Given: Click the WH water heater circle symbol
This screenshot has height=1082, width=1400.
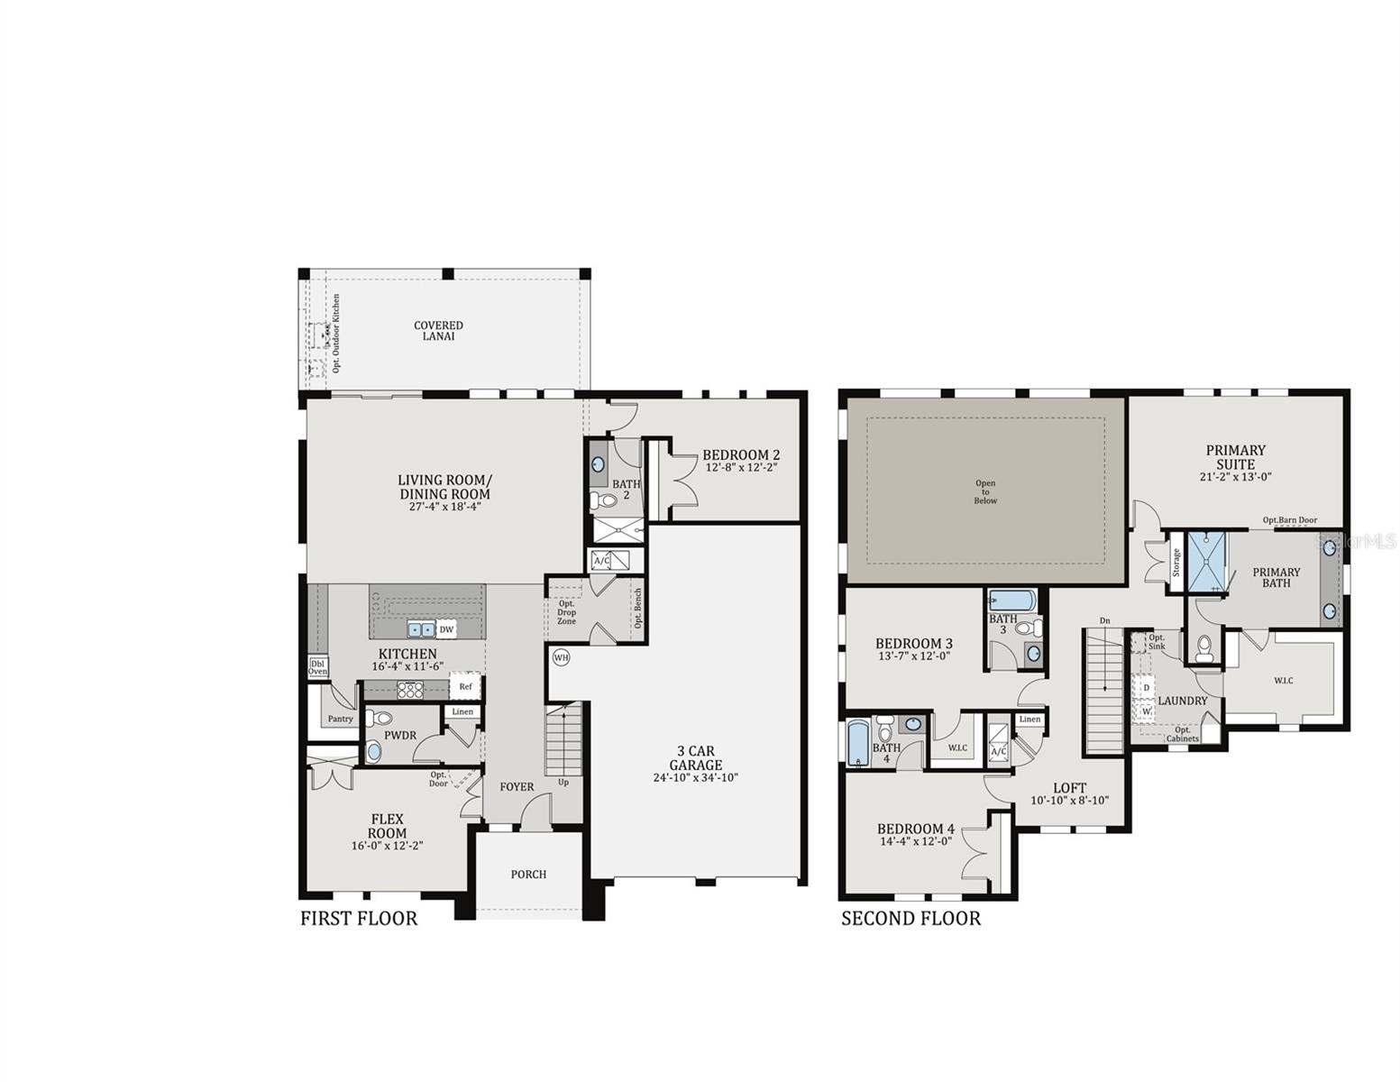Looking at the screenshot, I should pyautogui.click(x=561, y=656).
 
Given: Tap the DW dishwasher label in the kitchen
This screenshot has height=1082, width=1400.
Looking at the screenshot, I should pyautogui.click(x=446, y=629).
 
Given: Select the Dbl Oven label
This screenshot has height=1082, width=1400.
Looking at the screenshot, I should pyautogui.click(x=318, y=666).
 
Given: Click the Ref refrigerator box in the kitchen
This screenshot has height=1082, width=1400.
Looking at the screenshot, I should pyautogui.click(x=465, y=686).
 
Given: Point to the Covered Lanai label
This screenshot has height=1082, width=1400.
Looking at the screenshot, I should pyautogui.click(x=438, y=331).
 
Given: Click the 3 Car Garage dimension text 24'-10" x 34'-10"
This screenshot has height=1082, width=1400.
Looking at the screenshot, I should pyautogui.click(x=695, y=777).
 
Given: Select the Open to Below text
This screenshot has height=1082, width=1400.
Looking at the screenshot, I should pyautogui.click(x=985, y=491).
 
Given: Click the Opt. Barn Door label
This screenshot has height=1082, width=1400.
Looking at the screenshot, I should pyautogui.click(x=1289, y=520).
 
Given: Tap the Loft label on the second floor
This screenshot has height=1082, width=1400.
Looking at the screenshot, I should pyautogui.click(x=1069, y=787).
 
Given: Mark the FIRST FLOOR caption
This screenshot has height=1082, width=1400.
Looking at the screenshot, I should pyautogui.click(x=359, y=919).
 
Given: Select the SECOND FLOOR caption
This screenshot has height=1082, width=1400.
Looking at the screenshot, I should pyautogui.click(x=910, y=919).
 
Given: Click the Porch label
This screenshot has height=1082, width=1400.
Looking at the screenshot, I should pyautogui.click(x=528, y=874).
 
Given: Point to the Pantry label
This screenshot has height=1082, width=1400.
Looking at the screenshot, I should pyautogui.click(x=340, y=719).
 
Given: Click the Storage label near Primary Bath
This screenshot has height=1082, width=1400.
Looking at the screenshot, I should pyautogui.click(x=1176, y=563).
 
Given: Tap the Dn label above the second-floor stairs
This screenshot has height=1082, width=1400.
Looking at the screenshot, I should pyautogui.click(x=1104, y=620).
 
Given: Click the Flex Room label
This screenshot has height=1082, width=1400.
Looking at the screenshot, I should pyautogui.click(x=387, y=826).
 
